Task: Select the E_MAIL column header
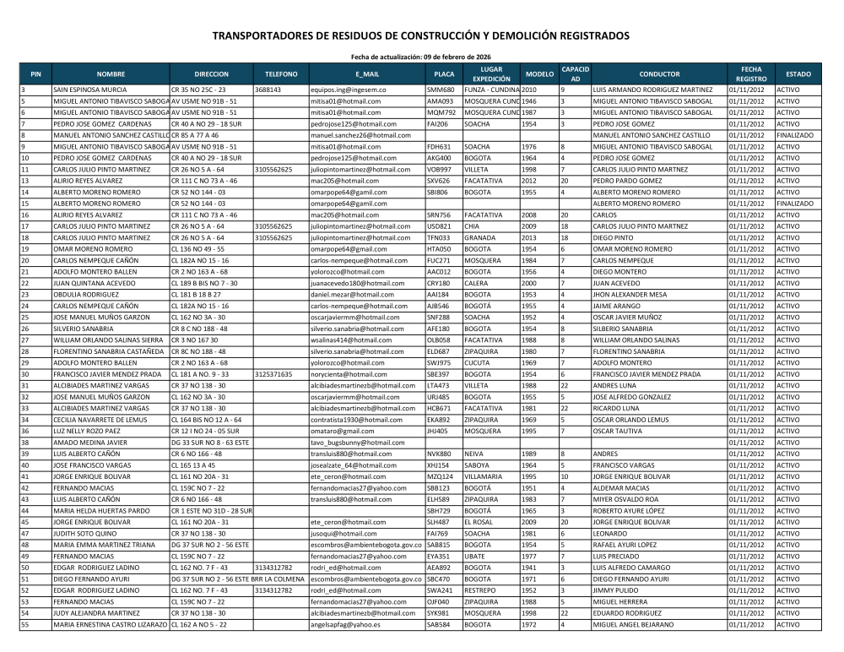(367, 73)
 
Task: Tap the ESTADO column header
(798, 73)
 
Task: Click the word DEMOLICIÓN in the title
(536, 36)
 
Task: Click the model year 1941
(529, 568)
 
